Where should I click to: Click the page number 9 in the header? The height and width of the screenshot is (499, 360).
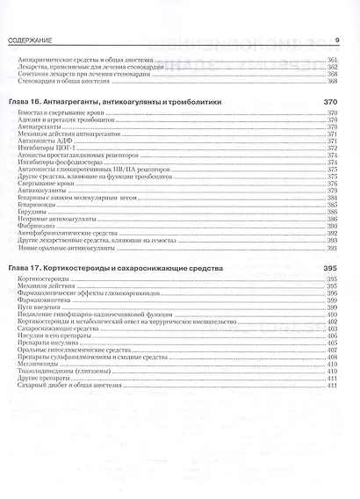(338, 40)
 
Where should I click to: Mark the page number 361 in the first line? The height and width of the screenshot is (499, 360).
(332, 60)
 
